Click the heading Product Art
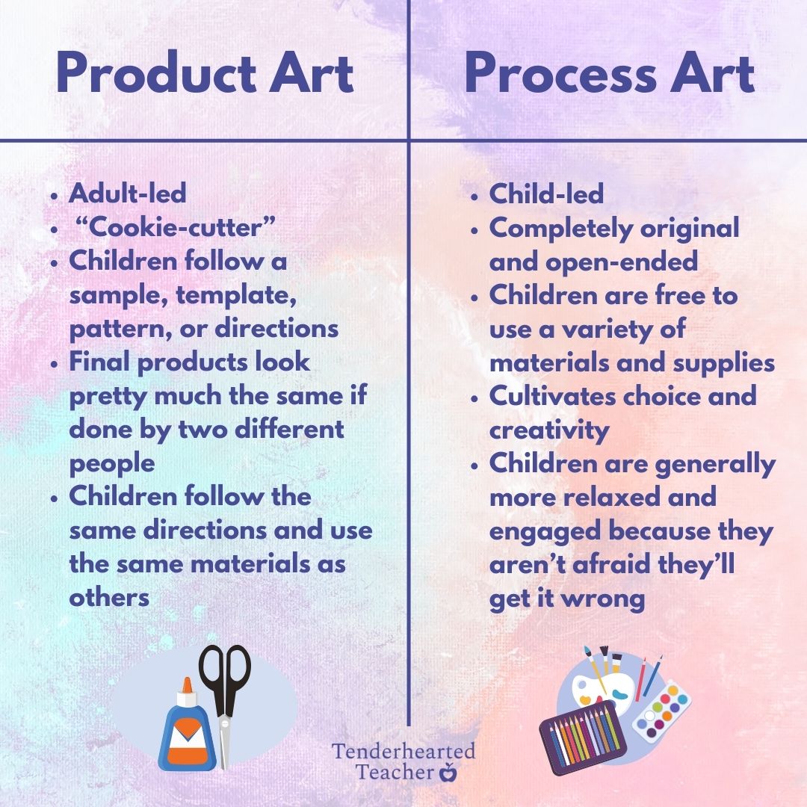click(x=204, y=75)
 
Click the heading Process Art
click(x=609, y=75)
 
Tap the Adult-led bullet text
click(x=127, y=193)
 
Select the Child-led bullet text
click(x=545, y=194)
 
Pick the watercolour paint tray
click(x=662, y=706)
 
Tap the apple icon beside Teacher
click(x=448, y=772)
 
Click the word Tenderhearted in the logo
click(x=403, y=751)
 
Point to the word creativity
click(x=549, y=430)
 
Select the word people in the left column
click(x=112, y=463)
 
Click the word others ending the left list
click(x=109, y=598)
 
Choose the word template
click(x=238, y=295)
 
